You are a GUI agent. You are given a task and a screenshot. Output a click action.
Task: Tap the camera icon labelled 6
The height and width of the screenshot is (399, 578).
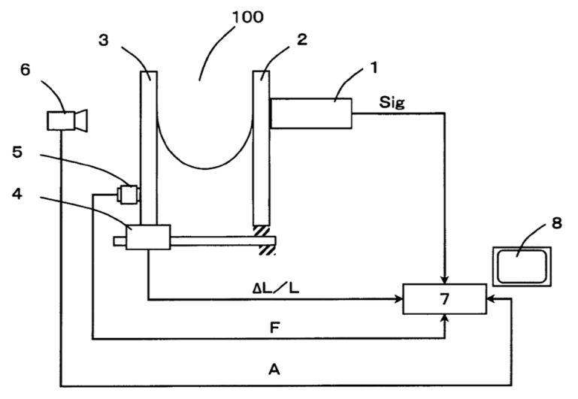coord(65,119)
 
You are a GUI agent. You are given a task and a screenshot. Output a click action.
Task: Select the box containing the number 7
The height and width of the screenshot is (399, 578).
coord(444,299)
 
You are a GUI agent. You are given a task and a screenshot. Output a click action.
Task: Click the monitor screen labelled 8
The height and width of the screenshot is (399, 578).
coord(522,267)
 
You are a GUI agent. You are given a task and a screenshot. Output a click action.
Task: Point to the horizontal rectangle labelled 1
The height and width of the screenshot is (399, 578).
coord(310,113)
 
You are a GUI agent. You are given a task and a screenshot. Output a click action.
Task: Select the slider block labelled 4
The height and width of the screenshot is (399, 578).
coord(148,237)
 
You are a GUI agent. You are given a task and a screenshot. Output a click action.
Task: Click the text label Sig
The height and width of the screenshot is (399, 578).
coord(392,103)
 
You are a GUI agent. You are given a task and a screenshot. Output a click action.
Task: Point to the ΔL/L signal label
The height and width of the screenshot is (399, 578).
coord(277,288)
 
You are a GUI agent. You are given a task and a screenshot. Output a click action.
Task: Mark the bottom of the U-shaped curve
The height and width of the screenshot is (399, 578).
coord(204,168)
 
